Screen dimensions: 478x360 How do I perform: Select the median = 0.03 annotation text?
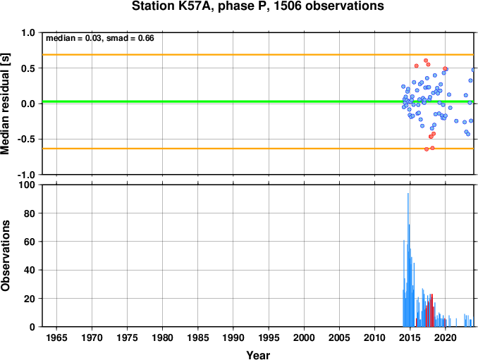73,38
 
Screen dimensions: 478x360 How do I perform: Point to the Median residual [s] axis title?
5,104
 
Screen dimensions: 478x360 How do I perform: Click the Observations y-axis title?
5,256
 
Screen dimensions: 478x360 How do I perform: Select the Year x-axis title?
258,355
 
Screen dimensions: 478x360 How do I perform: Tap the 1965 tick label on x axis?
56,337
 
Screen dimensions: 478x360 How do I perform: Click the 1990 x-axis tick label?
233,337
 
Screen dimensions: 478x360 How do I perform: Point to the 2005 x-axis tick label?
339,337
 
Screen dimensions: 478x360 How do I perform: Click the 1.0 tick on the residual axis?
28,32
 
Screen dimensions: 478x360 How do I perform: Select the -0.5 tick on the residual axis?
26,139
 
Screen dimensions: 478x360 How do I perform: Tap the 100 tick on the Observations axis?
27,185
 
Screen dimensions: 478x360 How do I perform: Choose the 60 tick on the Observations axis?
30,242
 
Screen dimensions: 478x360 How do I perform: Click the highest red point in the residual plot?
426,61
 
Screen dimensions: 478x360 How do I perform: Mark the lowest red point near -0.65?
427,149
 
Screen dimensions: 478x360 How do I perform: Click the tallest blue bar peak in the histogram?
408,194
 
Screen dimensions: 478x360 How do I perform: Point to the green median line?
258,101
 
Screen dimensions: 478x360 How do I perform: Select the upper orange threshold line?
258,55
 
